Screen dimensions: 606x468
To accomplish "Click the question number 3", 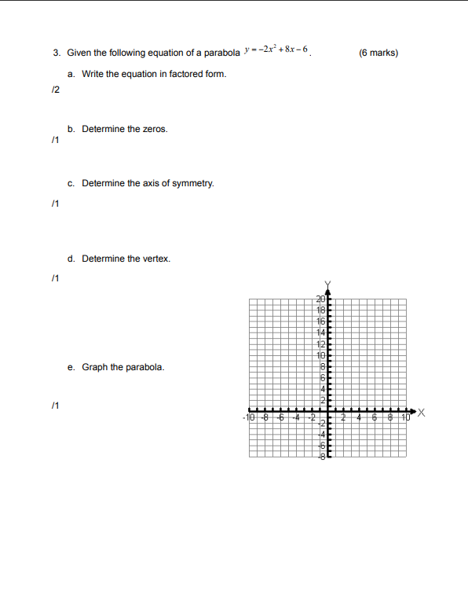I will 57,53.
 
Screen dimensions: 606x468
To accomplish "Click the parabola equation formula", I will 277,52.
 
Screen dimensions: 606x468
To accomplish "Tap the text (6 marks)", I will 378,53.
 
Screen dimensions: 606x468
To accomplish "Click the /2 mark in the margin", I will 54,90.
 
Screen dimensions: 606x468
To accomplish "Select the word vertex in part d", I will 157,259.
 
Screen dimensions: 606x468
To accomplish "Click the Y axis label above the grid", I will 329,283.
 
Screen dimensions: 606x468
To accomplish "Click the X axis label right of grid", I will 422,411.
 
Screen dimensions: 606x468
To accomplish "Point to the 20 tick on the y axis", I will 320,299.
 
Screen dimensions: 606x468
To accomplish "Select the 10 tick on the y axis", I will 320,354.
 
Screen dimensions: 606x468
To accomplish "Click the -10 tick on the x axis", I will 250,418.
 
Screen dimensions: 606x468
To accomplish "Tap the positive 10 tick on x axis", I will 405,418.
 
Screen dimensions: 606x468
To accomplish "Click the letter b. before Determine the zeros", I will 71,129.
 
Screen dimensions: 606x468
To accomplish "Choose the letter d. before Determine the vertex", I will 71,259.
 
